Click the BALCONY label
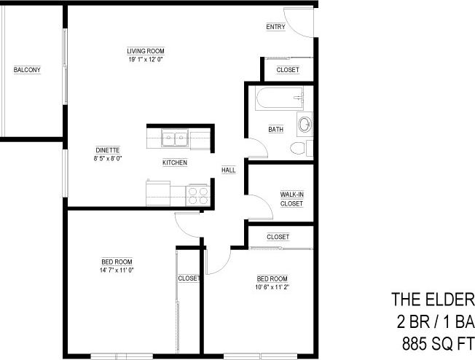[x=27, y=70]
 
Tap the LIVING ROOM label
[x=144, y=50]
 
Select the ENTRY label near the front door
[x=275, y=27]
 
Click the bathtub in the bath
[x=277, y=98]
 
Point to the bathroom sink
[x=305, y=124]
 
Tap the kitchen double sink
[x=175, y=137]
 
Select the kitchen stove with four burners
[x=198, y=195]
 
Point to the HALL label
[x=229, y=170]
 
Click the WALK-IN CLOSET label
[x=291, y=199]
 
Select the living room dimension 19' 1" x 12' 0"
[x=144, y=59]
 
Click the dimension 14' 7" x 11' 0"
[x=117, y=270]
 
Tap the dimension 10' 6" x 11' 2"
[x=272, y=287]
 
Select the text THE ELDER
[x=433, y=300]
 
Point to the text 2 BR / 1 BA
[x=433, y=321]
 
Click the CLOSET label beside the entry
[x=288, y=70]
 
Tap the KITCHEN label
[x=175, y=162]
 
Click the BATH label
[x=275, y=130]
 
